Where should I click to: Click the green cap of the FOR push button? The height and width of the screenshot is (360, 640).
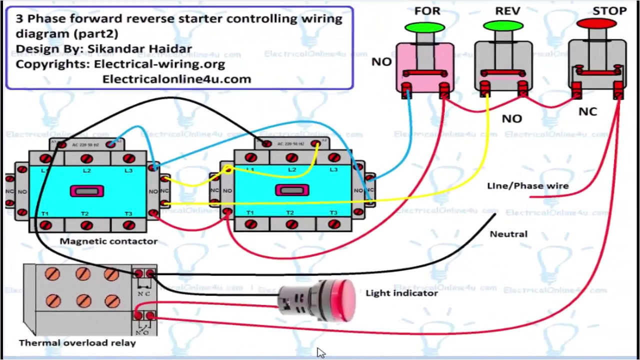coord(424,26)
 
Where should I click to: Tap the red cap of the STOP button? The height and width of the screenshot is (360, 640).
coord(596,23)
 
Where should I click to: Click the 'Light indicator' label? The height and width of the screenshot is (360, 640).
coord(401,293)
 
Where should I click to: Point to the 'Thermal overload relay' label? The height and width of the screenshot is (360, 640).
coord(77,343)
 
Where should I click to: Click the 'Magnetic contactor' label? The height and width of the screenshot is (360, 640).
coord(108,241)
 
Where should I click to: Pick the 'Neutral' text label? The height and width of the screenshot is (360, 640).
coord(508,234)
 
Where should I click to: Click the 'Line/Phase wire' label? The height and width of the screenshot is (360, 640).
coord(527,186)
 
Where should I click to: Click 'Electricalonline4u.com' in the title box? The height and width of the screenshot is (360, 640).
coord(176,79)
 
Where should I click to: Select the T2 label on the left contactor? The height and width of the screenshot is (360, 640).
coord(85,214)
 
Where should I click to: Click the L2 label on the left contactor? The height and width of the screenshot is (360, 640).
coord(87,171)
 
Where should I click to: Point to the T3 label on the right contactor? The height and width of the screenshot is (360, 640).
coord(333,213)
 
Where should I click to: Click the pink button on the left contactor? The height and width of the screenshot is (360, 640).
coord(87,191)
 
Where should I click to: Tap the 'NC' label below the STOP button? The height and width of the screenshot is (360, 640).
coord(587,111)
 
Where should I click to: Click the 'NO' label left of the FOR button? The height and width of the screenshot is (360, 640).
coord(381,62)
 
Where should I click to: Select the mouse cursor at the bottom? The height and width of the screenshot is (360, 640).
coord(320,353)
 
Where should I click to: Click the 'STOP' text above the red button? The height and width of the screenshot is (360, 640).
coord(609,11)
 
